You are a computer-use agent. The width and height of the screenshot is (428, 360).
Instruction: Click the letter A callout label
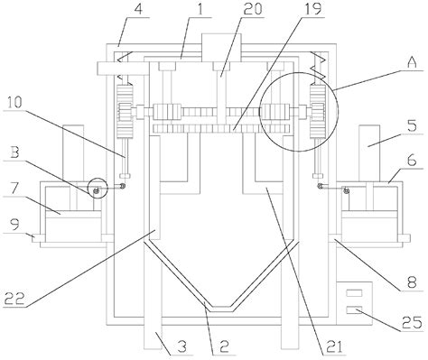[411, 64]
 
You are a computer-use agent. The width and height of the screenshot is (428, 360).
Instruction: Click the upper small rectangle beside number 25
[353, 293]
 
